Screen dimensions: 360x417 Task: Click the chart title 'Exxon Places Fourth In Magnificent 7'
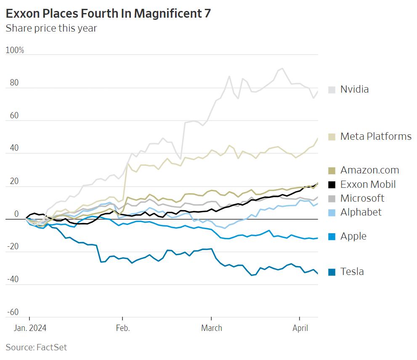(108, 13)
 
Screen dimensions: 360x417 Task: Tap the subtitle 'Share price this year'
(51, 28)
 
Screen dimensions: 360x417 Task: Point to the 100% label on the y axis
(15, 51)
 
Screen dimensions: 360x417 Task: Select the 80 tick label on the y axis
(14, 83)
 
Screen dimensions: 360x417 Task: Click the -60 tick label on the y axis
(13, 312)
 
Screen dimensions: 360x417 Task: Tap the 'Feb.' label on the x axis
(122, 328)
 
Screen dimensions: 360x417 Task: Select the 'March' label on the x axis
(211, 328)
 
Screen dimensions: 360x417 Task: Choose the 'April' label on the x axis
(300, 328)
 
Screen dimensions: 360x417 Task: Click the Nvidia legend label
(354, 89)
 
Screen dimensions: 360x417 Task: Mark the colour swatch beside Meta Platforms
(332, 137)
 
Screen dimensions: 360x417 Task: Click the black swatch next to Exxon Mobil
(332, 184)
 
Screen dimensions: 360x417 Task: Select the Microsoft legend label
(362, 198)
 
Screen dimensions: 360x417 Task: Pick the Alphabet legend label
(361, 212)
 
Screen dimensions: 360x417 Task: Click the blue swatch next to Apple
(332, 237)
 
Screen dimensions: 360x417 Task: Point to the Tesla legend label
(352, 272)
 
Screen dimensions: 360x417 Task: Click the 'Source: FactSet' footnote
(36, 347)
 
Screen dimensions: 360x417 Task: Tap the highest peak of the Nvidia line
(282, 69)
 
